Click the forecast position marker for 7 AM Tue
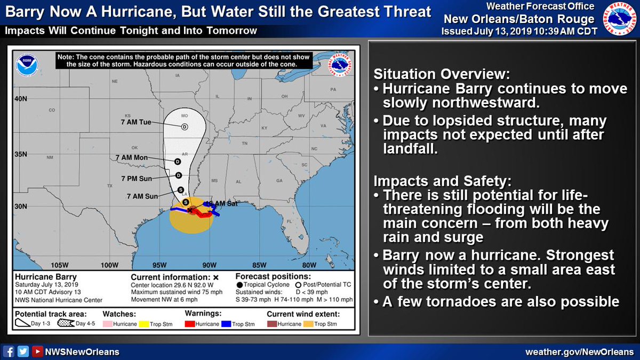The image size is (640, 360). (184, 126)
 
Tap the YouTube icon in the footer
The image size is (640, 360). (37, 351)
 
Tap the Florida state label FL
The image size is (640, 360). (289, 221)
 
